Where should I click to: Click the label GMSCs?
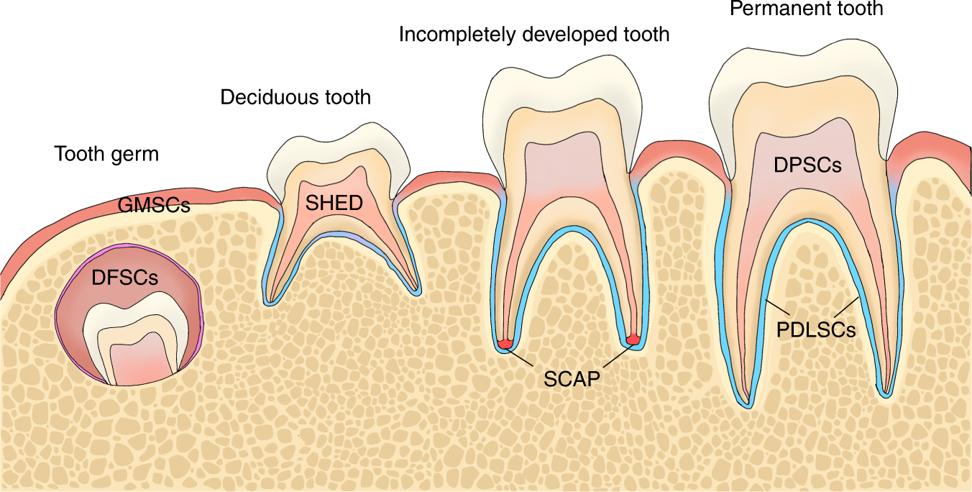point(154,206)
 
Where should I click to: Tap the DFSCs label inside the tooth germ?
point(124,278)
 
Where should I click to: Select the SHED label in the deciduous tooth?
point(334,203)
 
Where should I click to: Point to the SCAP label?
point(572,378)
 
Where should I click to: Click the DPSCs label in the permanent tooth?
point(807,165)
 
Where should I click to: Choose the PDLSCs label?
point(815,330)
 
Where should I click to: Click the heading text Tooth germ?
point(106,154)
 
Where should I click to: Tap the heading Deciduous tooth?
point(295,97)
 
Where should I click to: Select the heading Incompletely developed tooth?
point(534,34)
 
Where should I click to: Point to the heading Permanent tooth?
point(806,9)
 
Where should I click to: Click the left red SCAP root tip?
point(506,344)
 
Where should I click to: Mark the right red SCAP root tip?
point(633,340)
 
